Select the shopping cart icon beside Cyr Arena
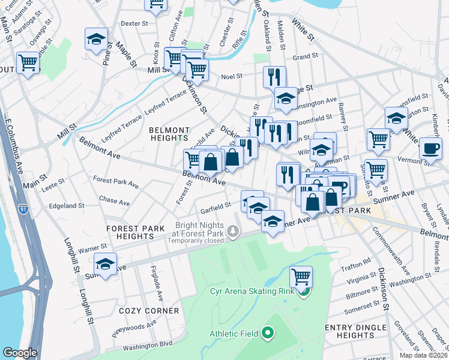point(301,277)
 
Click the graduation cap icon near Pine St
point(96,39)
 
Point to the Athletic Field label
point(234,334)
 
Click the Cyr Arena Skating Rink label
point(254,292)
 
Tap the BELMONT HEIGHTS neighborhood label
point(169,134)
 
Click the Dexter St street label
point(134,23)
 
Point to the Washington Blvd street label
point(148,346)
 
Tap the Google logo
point(20,353)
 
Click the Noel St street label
point(231,76)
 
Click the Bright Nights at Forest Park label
point(199,228)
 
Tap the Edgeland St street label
point(67,206)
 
